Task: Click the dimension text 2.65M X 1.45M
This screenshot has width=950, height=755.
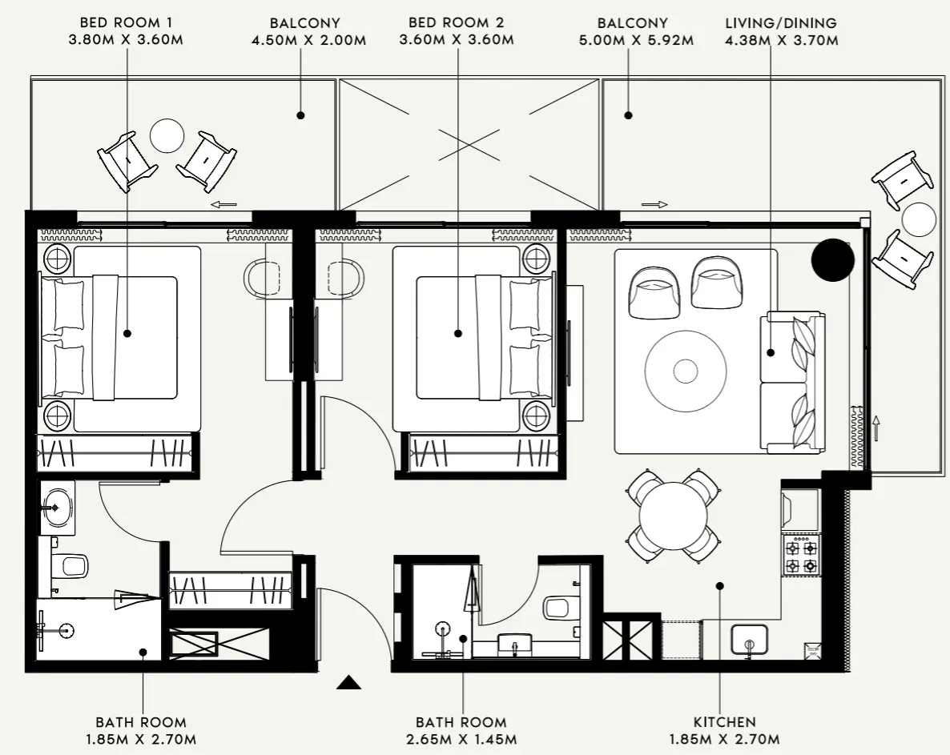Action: (461, 739)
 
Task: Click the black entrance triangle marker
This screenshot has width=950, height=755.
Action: (348, 682)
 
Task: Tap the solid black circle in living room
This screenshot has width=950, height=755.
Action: (832, 260)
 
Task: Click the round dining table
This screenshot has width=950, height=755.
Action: (672, 516)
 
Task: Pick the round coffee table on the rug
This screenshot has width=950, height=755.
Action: (686, 370)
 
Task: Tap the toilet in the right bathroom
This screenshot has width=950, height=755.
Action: (558, 606)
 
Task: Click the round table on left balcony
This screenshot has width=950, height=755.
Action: (168, 135)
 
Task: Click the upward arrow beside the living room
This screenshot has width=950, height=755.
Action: (876, 428)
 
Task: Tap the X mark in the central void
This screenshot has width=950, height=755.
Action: (469, 145)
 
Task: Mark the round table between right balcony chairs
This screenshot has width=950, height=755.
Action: (918, 219)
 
